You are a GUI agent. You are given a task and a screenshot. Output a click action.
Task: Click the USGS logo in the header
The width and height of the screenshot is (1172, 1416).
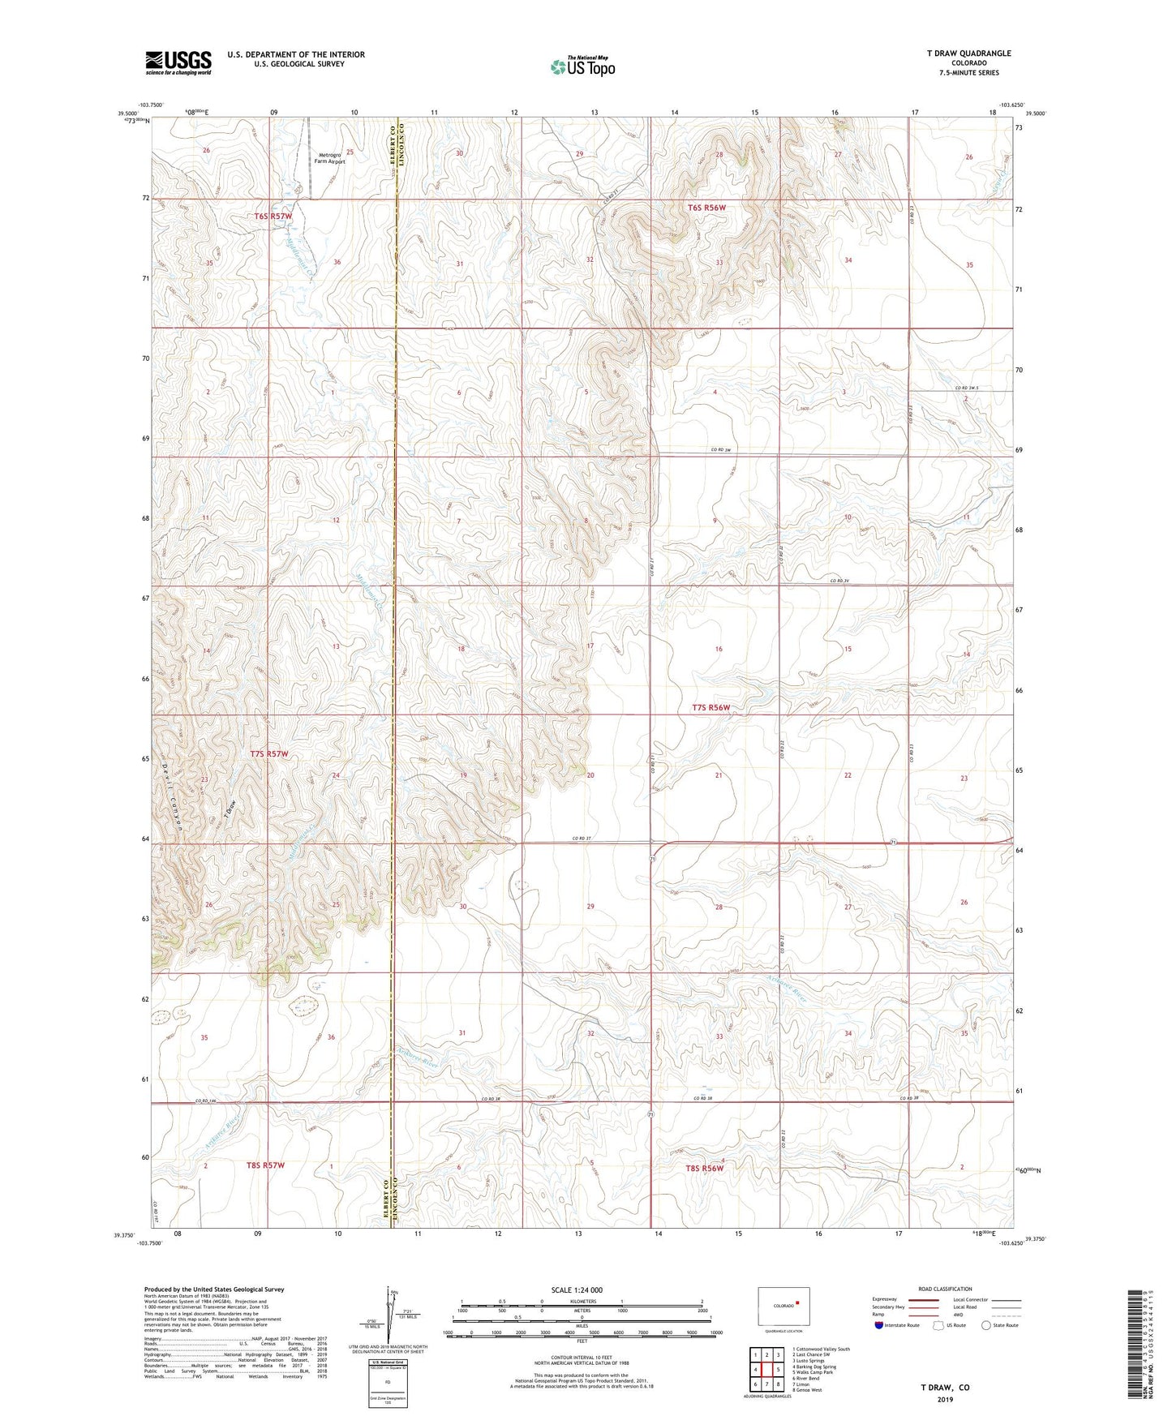[178, 62]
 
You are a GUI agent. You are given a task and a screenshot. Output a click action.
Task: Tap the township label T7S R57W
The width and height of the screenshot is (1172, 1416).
[269, 753]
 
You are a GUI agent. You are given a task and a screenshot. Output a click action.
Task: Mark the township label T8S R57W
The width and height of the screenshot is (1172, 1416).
[266, 1165]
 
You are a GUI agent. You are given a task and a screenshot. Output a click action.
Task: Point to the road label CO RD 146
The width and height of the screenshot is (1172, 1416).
[208, 1101]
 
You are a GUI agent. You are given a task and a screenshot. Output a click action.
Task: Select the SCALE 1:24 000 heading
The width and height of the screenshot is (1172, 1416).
[577, 1289]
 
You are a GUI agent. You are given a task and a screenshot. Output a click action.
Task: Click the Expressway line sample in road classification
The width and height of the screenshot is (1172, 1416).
[923, 1300]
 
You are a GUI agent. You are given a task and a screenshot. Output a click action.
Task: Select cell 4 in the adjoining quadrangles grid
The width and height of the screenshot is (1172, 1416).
[754, 1370]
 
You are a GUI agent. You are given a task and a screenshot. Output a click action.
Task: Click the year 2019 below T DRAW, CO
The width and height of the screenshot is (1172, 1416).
[944, 1399]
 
